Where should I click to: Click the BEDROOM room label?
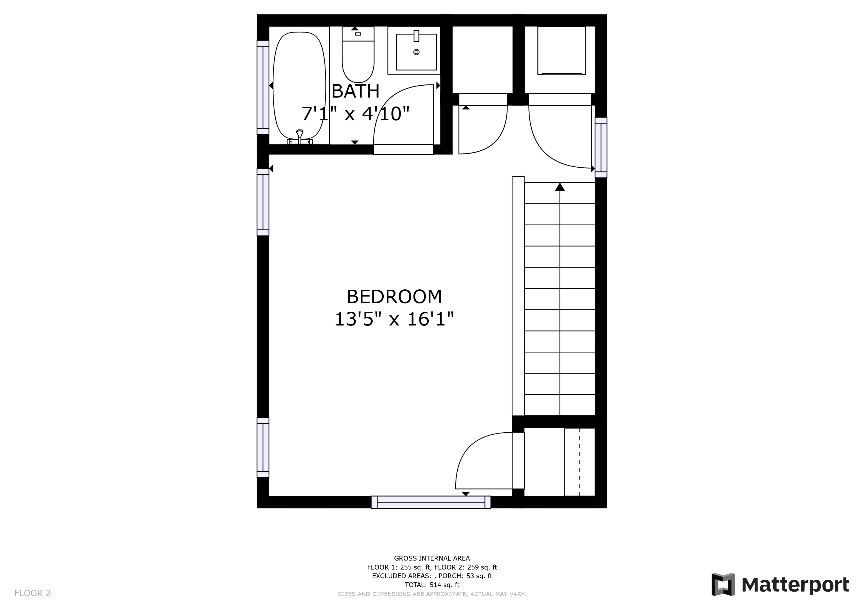[x=394, y=297]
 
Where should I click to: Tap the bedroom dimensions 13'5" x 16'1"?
[x=394, y=320]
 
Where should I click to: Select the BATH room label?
[x=355, y=91]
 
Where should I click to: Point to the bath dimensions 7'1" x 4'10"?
[x=355, y=114]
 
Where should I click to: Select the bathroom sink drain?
[x=416, y=52]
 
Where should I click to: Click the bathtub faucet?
[x=300, y=136]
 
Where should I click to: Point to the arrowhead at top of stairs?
[x=560, y=187]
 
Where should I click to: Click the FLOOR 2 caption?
[x=32, y=593]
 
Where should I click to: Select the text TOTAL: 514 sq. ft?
[x=432, y=585]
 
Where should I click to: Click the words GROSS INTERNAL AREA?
[x=432, y=558]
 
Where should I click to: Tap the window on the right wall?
[x=601, y=147]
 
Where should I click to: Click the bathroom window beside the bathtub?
[x=263, y=88]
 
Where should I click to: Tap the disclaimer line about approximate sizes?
[x=432, y=594]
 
